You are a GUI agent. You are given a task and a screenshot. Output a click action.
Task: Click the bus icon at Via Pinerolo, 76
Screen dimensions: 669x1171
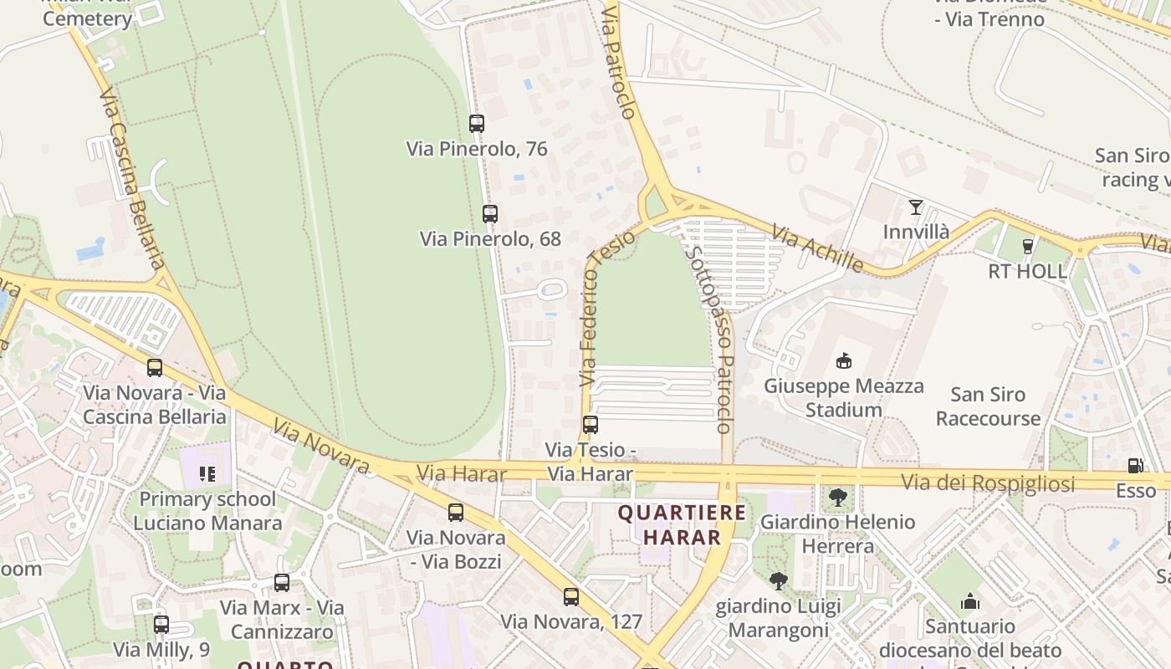pos(477,124)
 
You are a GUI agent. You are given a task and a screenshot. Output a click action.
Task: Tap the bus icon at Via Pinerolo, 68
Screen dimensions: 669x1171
pos(490,214)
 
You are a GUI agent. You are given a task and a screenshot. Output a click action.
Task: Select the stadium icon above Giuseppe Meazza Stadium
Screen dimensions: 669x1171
pos(843,361)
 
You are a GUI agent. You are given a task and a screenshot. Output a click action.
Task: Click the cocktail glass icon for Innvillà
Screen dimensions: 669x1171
pos(916,207)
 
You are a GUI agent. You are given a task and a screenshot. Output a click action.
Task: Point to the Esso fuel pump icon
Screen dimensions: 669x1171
pos(1135,466)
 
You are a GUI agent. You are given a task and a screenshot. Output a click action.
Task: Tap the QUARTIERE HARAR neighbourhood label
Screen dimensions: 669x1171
pos(681,524)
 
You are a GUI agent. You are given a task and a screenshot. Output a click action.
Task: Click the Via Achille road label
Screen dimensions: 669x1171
pos(817,248)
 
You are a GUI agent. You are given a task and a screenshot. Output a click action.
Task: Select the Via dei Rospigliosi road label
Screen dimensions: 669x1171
pos(988,483)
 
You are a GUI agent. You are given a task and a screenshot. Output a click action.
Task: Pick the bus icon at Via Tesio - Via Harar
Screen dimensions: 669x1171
pos(591,425)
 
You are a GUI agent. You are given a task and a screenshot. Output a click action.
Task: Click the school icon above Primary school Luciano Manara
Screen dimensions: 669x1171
pos(207,475)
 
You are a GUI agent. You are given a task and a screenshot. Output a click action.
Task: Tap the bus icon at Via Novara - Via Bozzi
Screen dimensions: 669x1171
pos(456,513)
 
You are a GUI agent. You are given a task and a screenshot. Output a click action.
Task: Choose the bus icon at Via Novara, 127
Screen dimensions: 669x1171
pos(571,597)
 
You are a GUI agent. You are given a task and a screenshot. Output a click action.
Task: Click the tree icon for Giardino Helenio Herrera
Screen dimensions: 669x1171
pos(837,498)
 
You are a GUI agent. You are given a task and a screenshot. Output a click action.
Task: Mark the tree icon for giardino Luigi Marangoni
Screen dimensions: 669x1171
pos(779,580)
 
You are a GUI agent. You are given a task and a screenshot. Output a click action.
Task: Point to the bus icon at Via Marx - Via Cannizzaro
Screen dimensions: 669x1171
pos(282,583)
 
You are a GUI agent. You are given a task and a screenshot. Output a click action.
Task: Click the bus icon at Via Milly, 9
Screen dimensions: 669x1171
pos(161,625)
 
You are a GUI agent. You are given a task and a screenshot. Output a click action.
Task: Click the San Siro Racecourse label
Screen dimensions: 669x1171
pos(988,406)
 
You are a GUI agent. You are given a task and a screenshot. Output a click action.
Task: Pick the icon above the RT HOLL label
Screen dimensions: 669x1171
pos(1028,247)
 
